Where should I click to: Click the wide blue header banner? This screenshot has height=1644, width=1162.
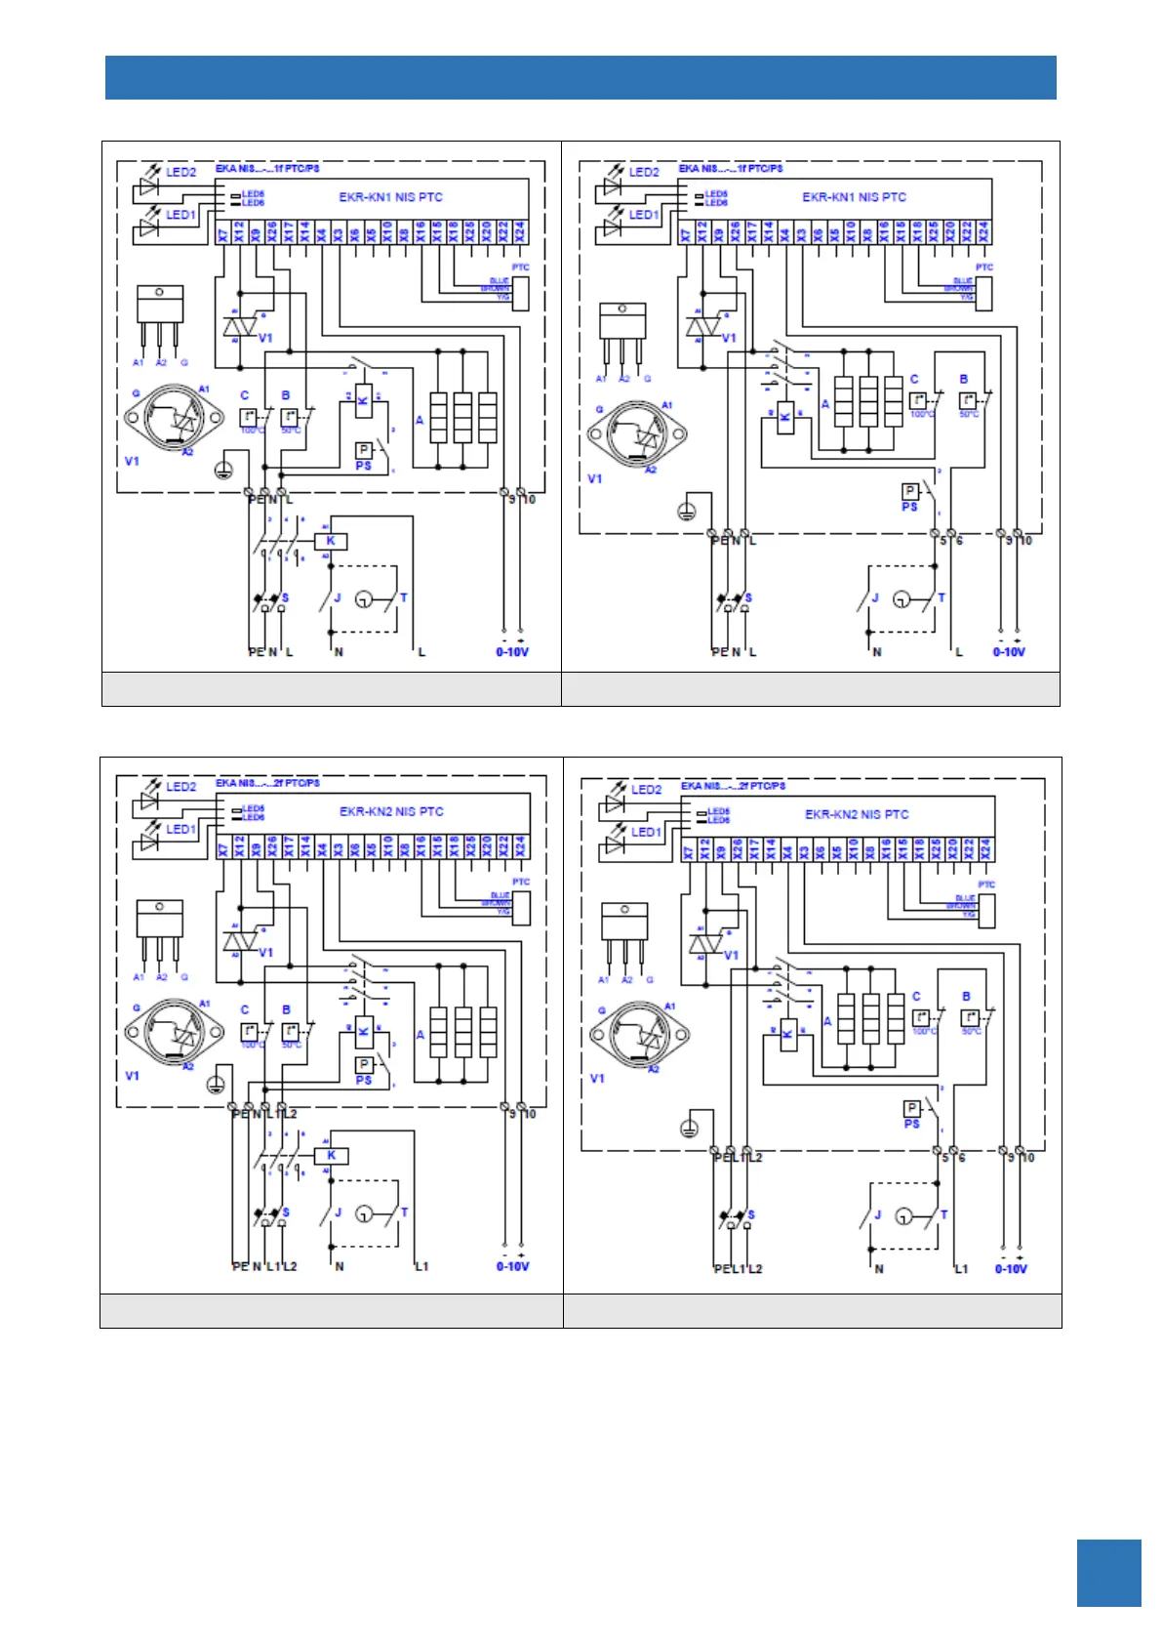tap(581, 77)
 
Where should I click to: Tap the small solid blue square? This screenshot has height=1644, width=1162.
tap(1108, 1572)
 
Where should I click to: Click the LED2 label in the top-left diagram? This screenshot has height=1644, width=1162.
tap(180, 172)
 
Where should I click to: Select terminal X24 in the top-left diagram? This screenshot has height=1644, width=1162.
tap(520, 232)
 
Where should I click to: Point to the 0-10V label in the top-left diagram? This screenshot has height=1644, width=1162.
tap(512, 652)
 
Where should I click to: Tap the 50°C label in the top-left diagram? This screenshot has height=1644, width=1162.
tap(291, 431)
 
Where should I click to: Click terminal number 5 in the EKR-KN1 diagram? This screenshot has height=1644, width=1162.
tap(943, 541)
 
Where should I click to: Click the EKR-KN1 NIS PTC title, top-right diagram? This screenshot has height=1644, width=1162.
tap(854, 197)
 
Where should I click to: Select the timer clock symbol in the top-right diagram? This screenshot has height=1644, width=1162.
tap(903, 599)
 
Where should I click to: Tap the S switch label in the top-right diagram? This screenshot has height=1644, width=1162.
tap(748, 598)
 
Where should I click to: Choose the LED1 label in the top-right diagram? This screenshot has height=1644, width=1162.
tap(644, 215)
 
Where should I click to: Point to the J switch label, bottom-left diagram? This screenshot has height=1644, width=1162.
tap(339, 1213)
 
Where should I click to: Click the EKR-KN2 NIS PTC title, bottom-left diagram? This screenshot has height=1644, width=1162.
tap(391, 811)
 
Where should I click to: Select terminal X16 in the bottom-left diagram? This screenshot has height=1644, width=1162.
tap(421, 846)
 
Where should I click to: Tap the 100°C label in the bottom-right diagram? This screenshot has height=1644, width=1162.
tap(923, 1032)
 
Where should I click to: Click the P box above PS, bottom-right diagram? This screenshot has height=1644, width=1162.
tap(912, 1108)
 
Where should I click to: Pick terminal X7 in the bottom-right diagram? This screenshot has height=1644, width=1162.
tap(689, 849)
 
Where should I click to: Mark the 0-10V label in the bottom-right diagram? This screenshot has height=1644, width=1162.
tap(1011, 1269)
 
